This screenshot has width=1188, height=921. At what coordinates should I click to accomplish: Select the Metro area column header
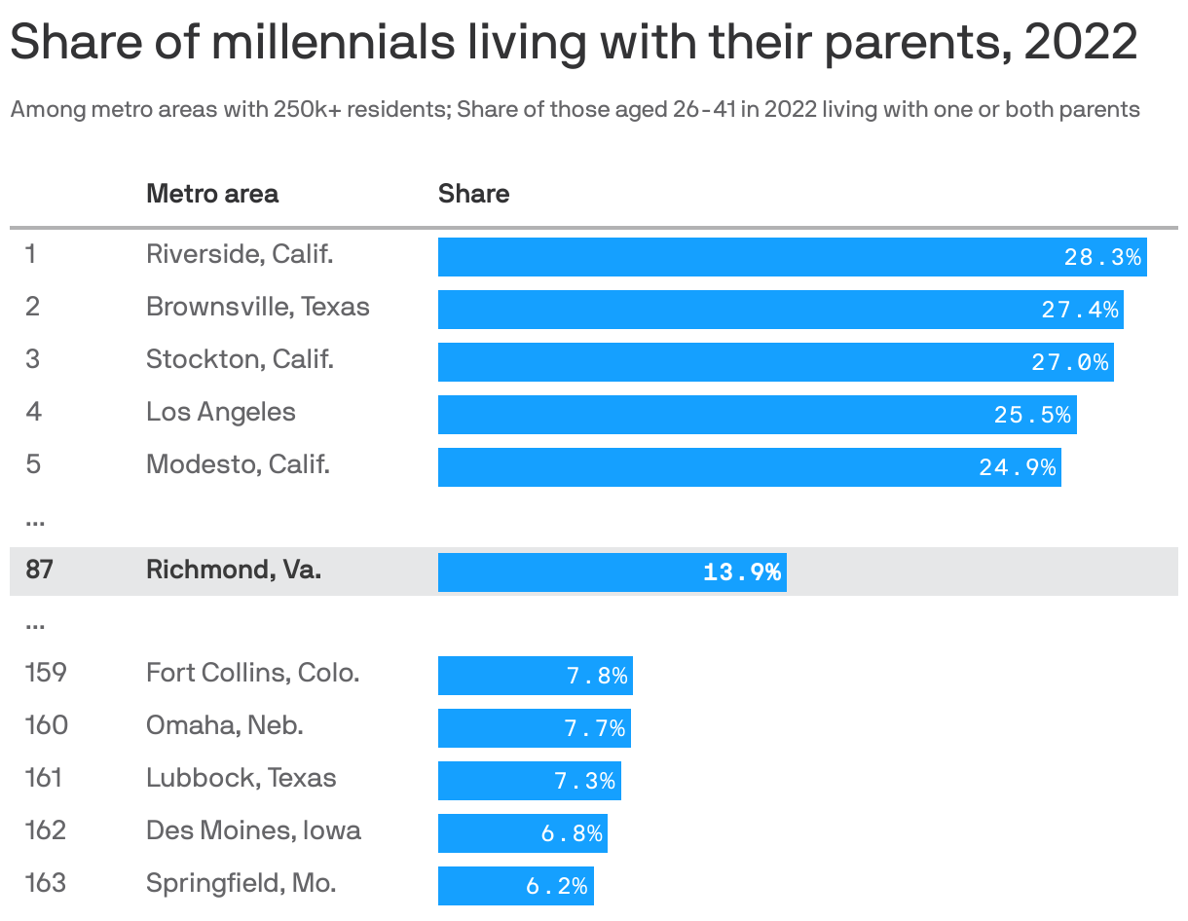click(212, 194)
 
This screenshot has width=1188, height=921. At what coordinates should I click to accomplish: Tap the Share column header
click(473, 194)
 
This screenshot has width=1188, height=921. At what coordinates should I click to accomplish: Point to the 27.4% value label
click(1080, 311)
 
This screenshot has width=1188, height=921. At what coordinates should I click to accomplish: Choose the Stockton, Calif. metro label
click(240, 359)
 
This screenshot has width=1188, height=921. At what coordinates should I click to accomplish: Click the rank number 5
click(33, 464)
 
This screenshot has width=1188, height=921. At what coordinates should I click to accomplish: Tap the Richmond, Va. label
click(234, 571)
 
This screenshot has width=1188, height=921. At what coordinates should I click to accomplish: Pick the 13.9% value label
click(742, 572)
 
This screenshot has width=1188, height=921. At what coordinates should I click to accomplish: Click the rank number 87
click(39, 571)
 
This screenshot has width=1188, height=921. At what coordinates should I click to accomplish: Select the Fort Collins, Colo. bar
click(535, 676)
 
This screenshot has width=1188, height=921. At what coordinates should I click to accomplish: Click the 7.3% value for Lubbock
click(585, 782)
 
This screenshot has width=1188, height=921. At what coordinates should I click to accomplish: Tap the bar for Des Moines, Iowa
click(522, 833)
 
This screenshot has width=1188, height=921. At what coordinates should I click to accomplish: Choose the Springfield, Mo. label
click(241, 884)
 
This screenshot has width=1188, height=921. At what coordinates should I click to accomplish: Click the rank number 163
click(46, 884)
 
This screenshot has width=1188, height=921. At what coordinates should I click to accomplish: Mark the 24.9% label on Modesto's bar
click(1018, 468)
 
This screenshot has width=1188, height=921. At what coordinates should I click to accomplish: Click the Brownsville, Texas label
click(258, 307)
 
